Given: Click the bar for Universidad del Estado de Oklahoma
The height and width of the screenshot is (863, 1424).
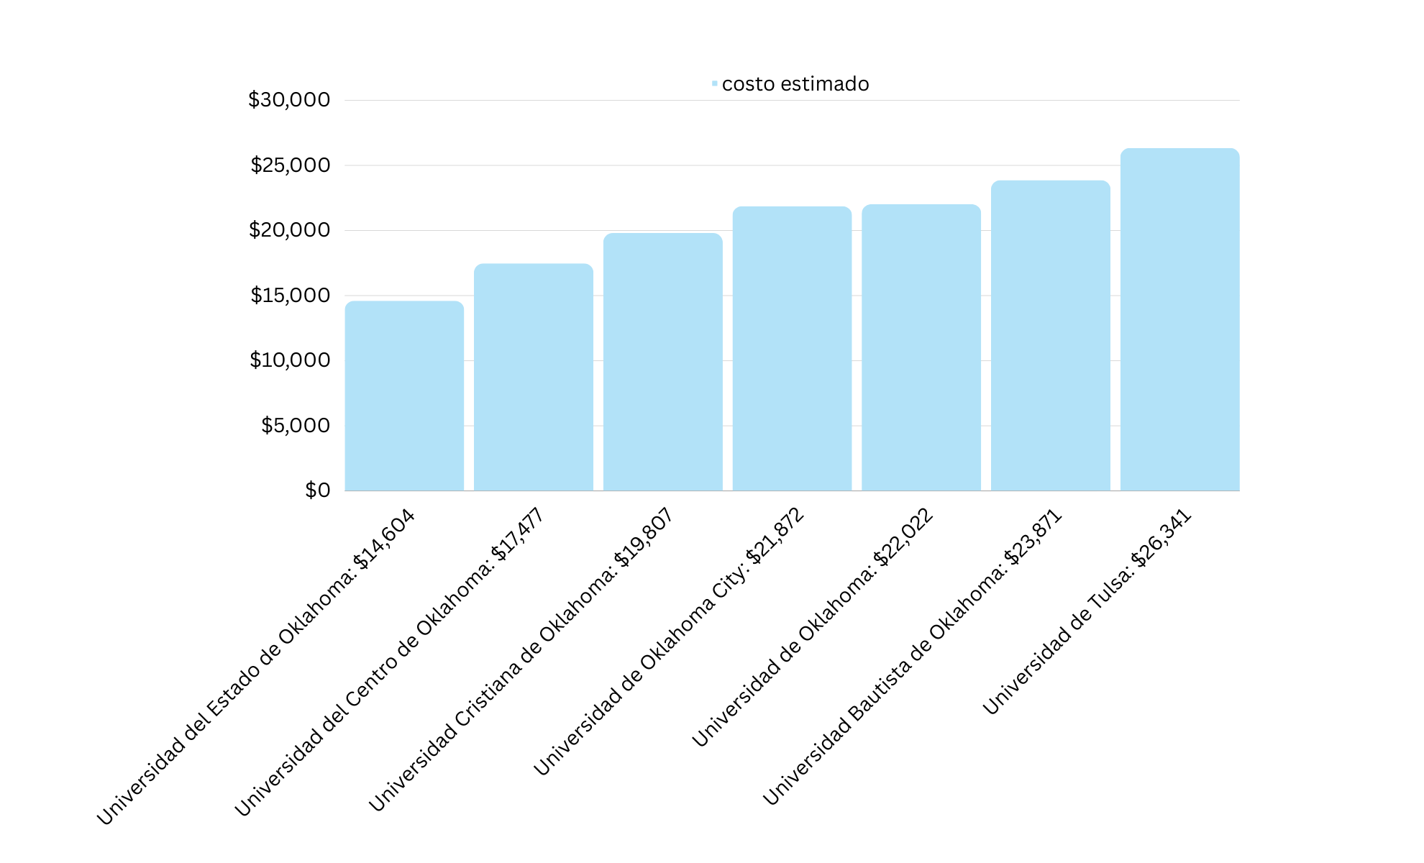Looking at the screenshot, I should coord(404,396).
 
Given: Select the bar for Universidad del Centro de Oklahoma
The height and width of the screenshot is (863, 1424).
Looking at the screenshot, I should coord(534,378).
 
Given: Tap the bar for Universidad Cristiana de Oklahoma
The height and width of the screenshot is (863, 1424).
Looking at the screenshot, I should coord(662,362).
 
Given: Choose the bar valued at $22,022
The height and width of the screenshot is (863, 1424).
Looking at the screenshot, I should coord(921,348).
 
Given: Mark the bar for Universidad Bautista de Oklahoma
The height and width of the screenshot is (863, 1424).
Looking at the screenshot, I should coord(1051,336).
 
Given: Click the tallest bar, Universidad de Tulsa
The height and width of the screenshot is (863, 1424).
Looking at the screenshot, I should coord(1179,320).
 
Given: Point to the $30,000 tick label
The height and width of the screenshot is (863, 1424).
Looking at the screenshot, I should coord(289,100).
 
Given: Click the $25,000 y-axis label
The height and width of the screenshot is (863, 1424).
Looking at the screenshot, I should coord(291,165).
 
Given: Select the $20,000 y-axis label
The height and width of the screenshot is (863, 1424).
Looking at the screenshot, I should coord(290,230).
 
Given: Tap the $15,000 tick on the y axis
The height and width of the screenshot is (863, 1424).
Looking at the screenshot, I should coord(291,296).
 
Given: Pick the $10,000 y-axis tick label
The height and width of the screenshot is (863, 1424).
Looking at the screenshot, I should coord(290,360).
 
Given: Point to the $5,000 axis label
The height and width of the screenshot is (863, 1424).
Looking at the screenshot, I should coord(296,426).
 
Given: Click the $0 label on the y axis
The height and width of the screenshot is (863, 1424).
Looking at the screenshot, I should coord(318,490).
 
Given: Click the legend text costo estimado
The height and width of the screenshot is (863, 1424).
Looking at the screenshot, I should coord(795,84).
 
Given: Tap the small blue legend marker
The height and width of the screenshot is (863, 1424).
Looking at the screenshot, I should coord(714,84).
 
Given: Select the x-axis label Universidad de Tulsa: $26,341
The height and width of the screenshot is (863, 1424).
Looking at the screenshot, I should coord(1087,612).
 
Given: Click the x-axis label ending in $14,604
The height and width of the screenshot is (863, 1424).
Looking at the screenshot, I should coord(256,667).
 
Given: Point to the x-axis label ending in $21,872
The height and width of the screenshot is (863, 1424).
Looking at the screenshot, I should coord(669,642).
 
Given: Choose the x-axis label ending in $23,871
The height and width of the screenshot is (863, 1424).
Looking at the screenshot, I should coord(912,657).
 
